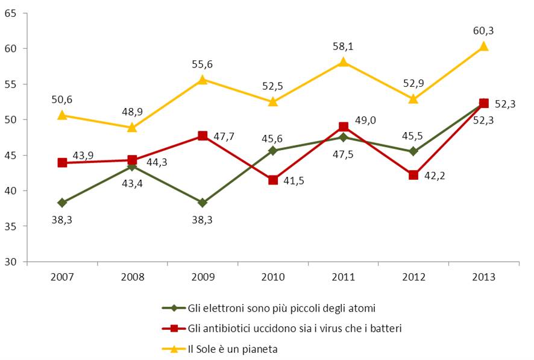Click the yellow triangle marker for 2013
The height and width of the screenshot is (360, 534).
coord(483,46)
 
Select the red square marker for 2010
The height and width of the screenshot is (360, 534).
coord(273,180)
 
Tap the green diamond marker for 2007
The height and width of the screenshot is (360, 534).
coord(62,203)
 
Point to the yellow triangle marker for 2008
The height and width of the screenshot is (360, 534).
coord(132,127)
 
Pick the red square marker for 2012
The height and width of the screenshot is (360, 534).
coord(413,175)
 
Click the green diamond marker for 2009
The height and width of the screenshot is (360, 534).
coord(203,203)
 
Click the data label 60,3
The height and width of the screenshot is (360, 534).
coord(483,31)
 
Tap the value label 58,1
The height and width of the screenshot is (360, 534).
coord(343,46)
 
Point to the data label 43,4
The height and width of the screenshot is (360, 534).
coord(132,182)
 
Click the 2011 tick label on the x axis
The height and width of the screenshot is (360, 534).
coord(343,277)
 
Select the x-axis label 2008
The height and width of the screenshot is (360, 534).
coord(132,277)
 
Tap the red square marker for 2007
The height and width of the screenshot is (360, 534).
coord(62,163)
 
